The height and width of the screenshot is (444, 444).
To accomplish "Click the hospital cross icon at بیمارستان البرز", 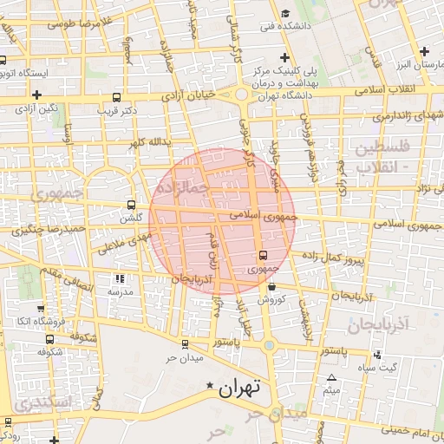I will point(424,53).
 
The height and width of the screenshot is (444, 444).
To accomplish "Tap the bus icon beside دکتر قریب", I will point(117,97).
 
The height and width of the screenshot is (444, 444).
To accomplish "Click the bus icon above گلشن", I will point(132,206).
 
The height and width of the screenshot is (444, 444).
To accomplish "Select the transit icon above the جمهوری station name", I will point(264,255).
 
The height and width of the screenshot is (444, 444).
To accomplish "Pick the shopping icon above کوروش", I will point(271,286).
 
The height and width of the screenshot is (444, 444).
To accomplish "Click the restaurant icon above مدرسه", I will point(120,278).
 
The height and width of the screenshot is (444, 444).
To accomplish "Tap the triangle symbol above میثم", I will point(331,377).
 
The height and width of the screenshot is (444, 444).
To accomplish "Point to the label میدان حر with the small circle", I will point(185,358).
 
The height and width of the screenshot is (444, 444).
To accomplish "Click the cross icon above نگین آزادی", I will point(36,95).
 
